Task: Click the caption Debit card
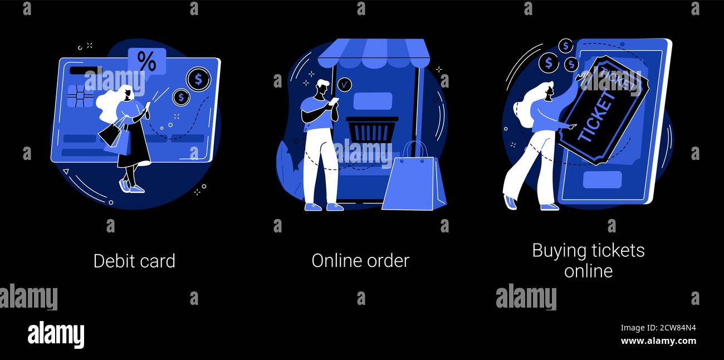(x=134, y=261)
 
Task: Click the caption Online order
(x=360, y=261)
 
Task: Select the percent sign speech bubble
(x=147, y=61)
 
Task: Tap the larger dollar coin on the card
(x=198, y=79)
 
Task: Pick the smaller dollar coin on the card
(x=181, y=98)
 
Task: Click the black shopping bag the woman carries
(x=110, y=133)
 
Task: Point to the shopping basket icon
(x=372, y=129)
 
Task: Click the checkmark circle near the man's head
(x=344, y=85)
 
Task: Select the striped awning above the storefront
(x=374, y=53)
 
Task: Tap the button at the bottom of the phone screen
(x=602, y=179)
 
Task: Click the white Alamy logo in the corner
(x=56, y=334)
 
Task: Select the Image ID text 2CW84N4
(x=677, y=328)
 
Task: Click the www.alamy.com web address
(x=658, y=341)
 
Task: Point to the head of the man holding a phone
(x=322, y=87)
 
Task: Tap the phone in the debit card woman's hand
(x=148, y=106)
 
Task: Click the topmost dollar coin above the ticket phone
(x=565, y=46)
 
